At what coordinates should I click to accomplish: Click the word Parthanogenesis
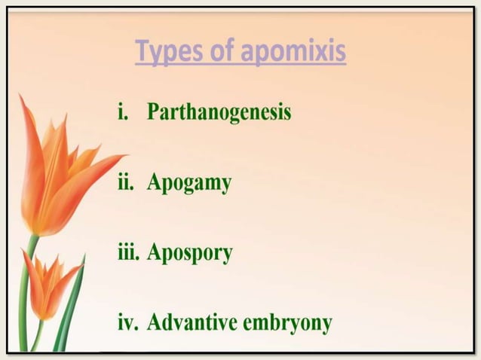(x=219, y=113)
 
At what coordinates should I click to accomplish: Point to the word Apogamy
(x=188, y=183)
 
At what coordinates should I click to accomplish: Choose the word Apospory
(x=190, y=253)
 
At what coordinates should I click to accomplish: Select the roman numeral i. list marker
(x=124, y=113)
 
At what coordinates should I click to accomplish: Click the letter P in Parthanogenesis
(x=155, y=113)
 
